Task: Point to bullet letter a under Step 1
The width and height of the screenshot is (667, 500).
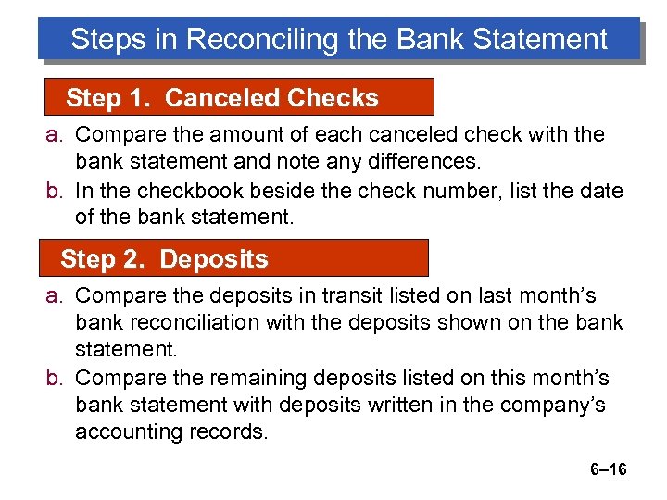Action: pyautogui.click(x=54, y=135)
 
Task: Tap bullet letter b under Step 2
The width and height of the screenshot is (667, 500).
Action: pyautogui.click(x=54, y=378)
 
